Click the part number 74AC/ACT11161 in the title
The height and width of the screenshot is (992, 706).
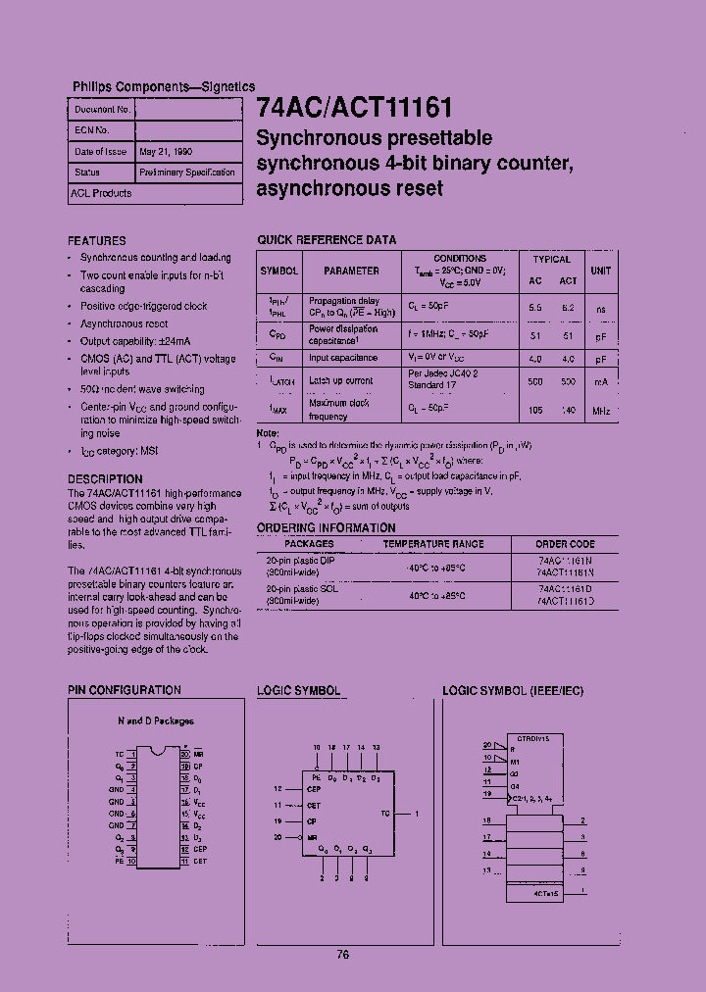354,107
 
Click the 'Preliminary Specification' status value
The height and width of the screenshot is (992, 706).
187,173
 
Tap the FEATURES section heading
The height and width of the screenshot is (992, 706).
97,240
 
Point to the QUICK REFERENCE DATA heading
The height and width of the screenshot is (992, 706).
327,240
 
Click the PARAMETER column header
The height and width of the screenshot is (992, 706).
351,271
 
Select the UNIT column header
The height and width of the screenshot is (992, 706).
600,271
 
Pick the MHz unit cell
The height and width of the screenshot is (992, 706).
600,411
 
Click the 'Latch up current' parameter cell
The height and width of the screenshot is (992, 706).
340,380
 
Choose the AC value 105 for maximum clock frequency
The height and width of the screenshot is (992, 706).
534,411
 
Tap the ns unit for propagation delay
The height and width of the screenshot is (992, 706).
600,308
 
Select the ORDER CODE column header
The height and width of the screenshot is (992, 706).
565,543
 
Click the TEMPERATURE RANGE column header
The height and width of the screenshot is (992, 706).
432,543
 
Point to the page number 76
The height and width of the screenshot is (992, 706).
342,955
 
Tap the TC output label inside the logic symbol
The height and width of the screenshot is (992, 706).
385,814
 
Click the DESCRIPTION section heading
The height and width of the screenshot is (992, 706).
105,479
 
